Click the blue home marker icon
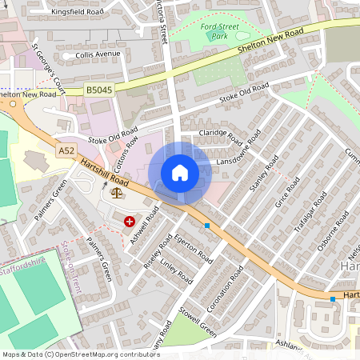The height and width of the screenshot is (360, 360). [180, 173]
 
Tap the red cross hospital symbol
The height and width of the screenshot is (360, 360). [130, 221]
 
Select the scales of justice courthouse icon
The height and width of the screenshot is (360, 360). [118, 192]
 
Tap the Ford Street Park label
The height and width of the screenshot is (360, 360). [220, 32]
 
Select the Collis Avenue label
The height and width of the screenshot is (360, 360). [97, 54]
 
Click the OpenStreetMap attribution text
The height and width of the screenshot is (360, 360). [81, 354]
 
